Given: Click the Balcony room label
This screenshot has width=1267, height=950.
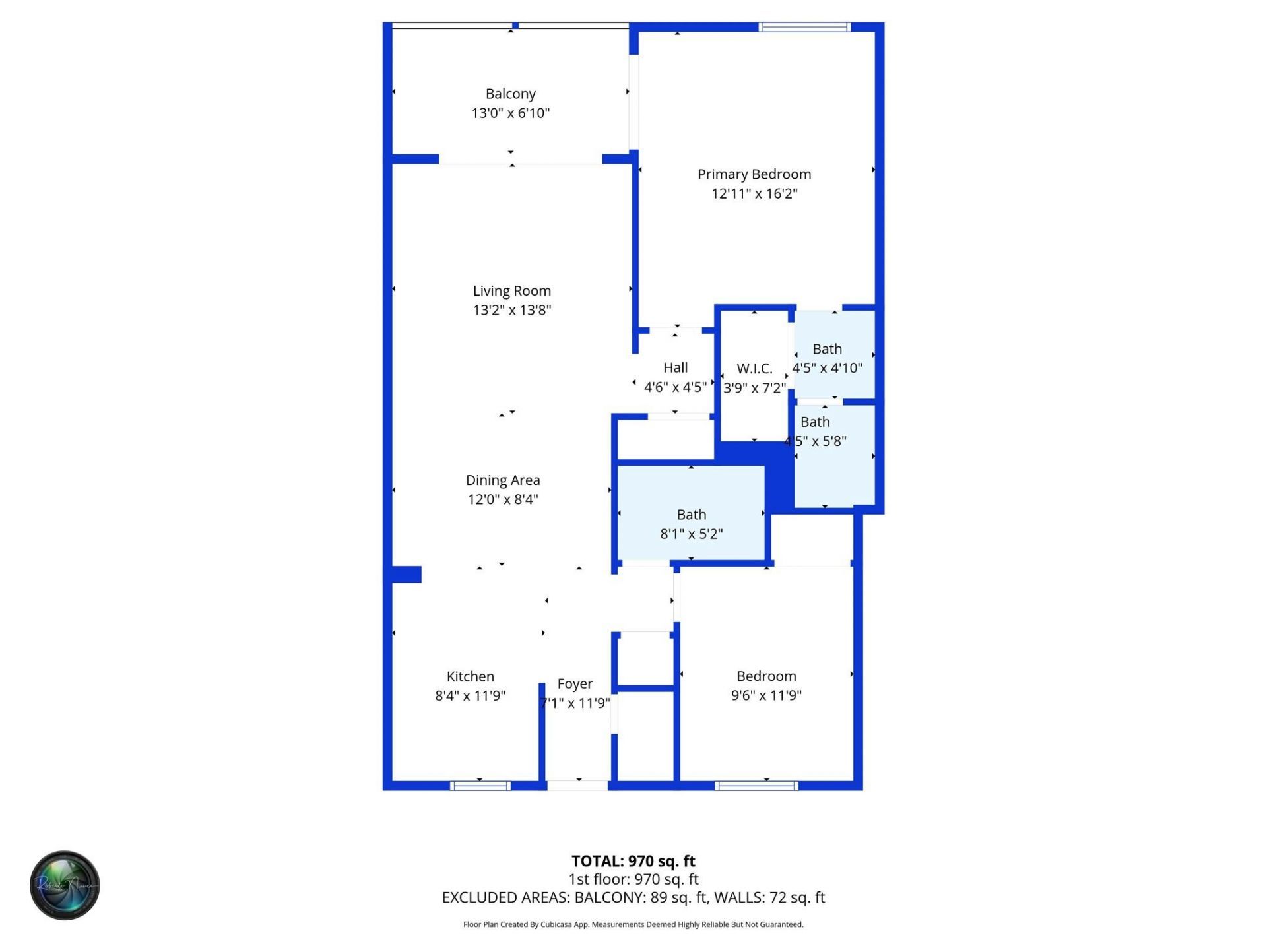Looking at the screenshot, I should (510, 94).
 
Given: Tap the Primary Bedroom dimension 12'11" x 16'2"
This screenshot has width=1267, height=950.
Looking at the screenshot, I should (754, 193).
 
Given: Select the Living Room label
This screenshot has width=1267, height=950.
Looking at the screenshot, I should (511, 291).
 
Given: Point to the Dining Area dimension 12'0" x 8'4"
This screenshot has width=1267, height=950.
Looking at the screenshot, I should (503, 499).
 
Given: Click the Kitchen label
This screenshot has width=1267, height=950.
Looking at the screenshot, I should (470, 676).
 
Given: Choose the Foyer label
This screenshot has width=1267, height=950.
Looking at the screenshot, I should (575, 683).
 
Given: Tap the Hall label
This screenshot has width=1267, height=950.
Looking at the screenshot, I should (675, 367).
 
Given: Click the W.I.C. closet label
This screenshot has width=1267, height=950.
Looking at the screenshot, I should (754, 369).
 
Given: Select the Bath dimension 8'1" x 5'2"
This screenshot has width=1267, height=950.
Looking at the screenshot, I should (692, 534).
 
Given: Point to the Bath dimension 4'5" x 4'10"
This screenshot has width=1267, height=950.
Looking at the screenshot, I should (828, 368).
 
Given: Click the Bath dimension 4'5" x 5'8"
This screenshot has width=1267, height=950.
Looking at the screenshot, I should (816, 441).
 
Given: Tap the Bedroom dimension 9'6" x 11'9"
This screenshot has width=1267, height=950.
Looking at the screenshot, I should (766, 695).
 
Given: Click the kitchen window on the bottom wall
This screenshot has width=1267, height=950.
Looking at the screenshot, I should (480, 786).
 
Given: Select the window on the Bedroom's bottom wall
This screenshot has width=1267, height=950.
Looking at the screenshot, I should (757, 786).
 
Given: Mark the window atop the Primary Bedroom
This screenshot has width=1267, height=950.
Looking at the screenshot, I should (804, 27).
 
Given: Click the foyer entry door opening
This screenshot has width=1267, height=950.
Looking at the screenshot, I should (577, 786).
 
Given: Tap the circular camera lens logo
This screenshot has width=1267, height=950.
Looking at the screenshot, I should (65, 885).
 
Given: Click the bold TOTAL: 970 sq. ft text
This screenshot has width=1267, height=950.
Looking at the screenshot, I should (633, 861).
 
